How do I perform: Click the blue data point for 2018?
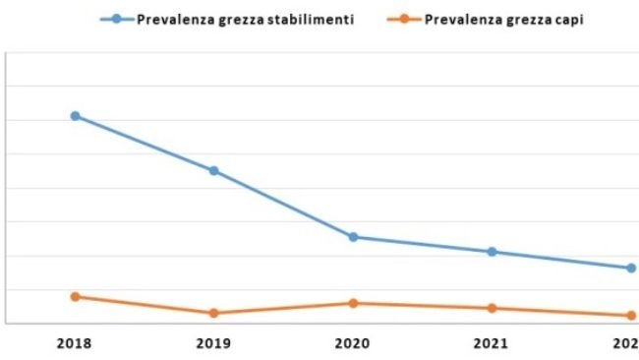(75, 116)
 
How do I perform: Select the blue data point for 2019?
(213, 170)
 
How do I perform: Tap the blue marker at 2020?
(353, 237)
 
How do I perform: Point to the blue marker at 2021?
(492, 252)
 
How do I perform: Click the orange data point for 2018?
(75, 296)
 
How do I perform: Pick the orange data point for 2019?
(213, 313)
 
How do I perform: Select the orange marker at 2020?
(353, 303)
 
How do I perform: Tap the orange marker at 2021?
(492, 308)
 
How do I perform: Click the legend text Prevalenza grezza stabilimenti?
(245, 19)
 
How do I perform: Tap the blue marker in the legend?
(117, 19)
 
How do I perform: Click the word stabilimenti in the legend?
(310, 19)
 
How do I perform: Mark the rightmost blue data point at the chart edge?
(631, 268)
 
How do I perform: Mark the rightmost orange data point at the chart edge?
(631, 316)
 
